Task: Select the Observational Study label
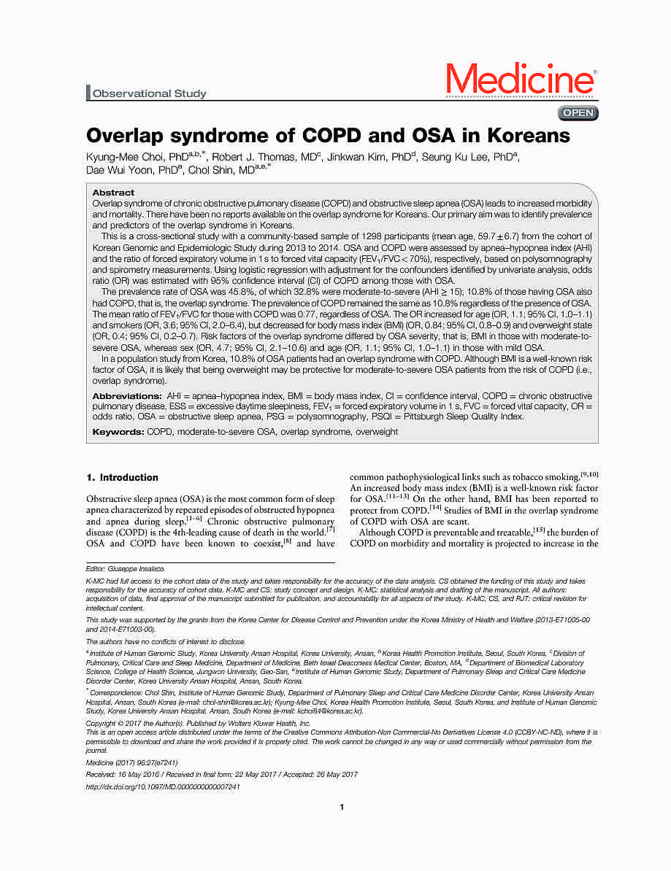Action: coord(149,93)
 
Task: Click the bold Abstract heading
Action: coord(113,193)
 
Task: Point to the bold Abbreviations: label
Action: coord(125,395)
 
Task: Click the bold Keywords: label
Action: coord(118,432)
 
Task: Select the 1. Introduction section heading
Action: coord(122,478)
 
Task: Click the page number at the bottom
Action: coord(342,807)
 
